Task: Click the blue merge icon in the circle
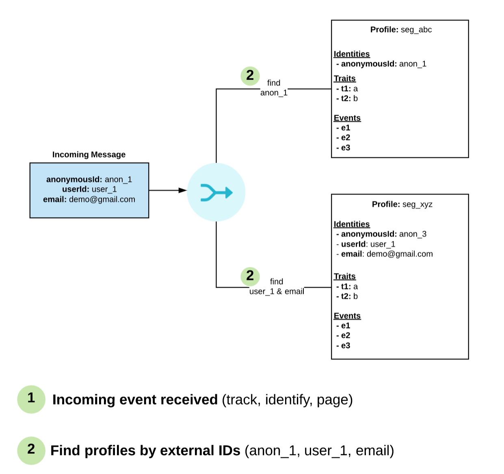[x=216, y=192]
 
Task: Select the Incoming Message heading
[x=89, y=155]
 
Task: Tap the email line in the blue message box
[x=89, y=199]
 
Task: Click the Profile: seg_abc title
[x=401, y=30]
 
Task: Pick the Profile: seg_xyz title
[x=402, y=204]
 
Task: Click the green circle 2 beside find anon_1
[x=250, y=76]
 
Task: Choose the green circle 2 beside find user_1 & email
[x=250, y=276]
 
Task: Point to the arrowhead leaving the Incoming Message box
[x=183, y=190]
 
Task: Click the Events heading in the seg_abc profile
[x=347, y=118]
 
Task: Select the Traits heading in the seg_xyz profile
[x=345, y=276]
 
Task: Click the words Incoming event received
[x=135, y=400]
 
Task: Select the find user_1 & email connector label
[x=277, y=286]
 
